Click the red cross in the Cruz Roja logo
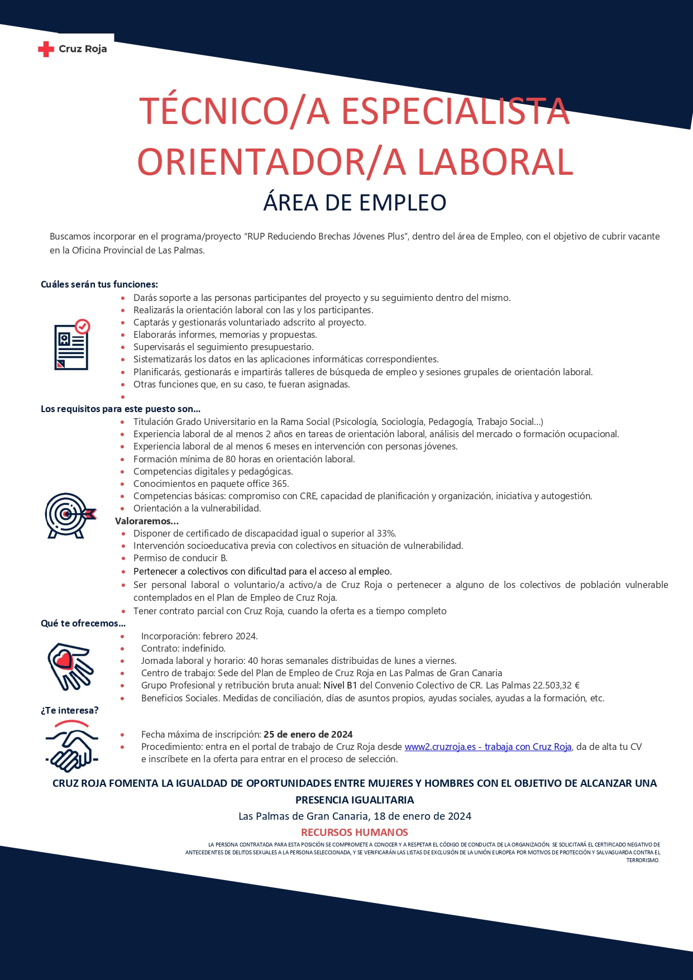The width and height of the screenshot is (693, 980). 46,50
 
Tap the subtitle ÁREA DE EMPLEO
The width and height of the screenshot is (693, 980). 355,203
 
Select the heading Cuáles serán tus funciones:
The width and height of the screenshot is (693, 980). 99,284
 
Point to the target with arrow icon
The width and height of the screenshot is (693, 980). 70,515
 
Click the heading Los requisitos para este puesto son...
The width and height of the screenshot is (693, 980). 120,409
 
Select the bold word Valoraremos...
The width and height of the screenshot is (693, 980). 146,521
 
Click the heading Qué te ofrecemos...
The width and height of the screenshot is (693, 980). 83,623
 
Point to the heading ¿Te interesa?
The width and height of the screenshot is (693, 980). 70,710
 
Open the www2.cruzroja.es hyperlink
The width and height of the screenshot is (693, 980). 488,747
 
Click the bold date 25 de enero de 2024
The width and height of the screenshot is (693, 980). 308,734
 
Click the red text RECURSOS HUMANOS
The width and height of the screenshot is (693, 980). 355,832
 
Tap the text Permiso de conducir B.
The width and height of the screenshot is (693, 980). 180,558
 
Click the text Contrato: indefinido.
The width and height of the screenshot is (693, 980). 183,648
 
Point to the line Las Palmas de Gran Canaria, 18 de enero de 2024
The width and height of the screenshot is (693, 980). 355,816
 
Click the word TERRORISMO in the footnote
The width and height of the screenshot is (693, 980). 643,861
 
